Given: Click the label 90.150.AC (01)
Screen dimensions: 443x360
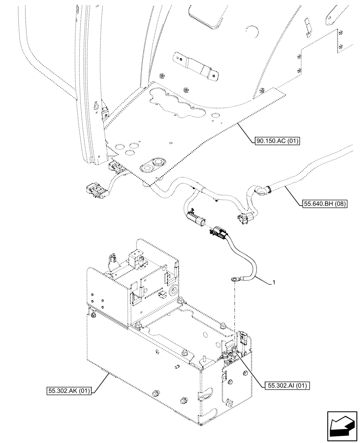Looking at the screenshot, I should (278, 142).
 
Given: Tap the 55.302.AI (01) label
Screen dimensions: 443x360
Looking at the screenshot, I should (288, 385).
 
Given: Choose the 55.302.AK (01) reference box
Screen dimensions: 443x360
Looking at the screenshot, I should (68, 391).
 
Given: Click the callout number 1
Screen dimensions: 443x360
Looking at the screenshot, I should (274, 282).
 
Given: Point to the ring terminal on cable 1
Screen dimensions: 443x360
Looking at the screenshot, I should (234, 279).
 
